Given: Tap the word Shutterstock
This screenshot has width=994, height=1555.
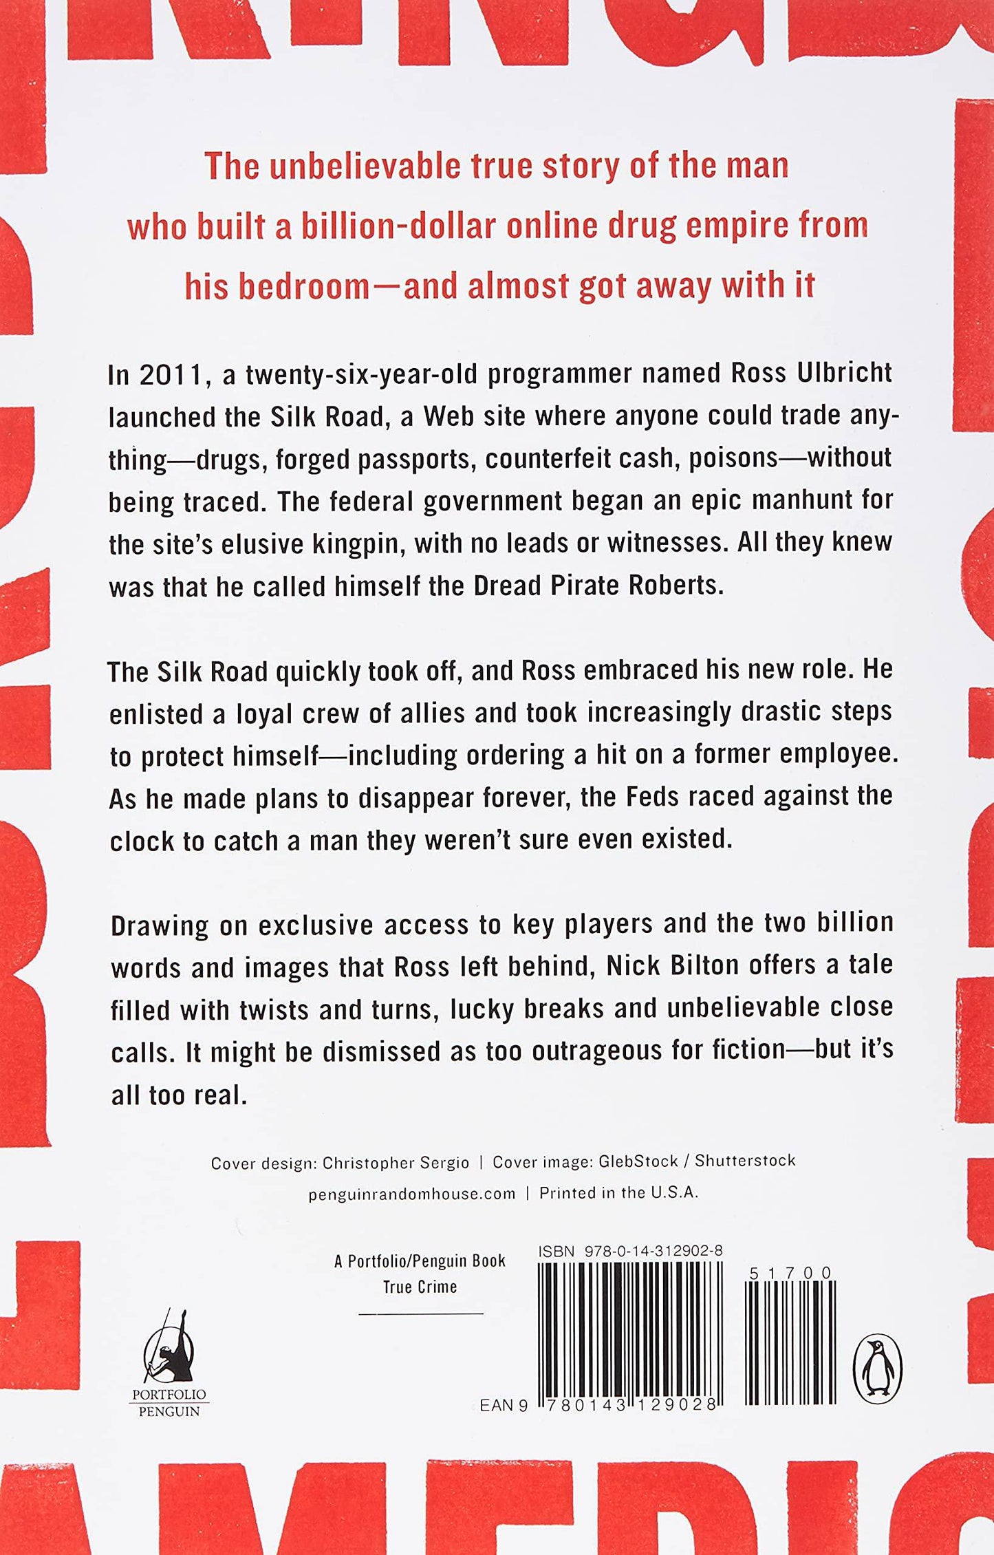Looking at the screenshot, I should [744, 1161].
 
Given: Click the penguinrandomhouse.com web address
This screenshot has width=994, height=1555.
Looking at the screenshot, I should [411, 1194].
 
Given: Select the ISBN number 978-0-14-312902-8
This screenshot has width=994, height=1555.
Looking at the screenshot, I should [653, 1251].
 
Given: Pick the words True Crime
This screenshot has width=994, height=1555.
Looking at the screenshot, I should [420, 1287].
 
